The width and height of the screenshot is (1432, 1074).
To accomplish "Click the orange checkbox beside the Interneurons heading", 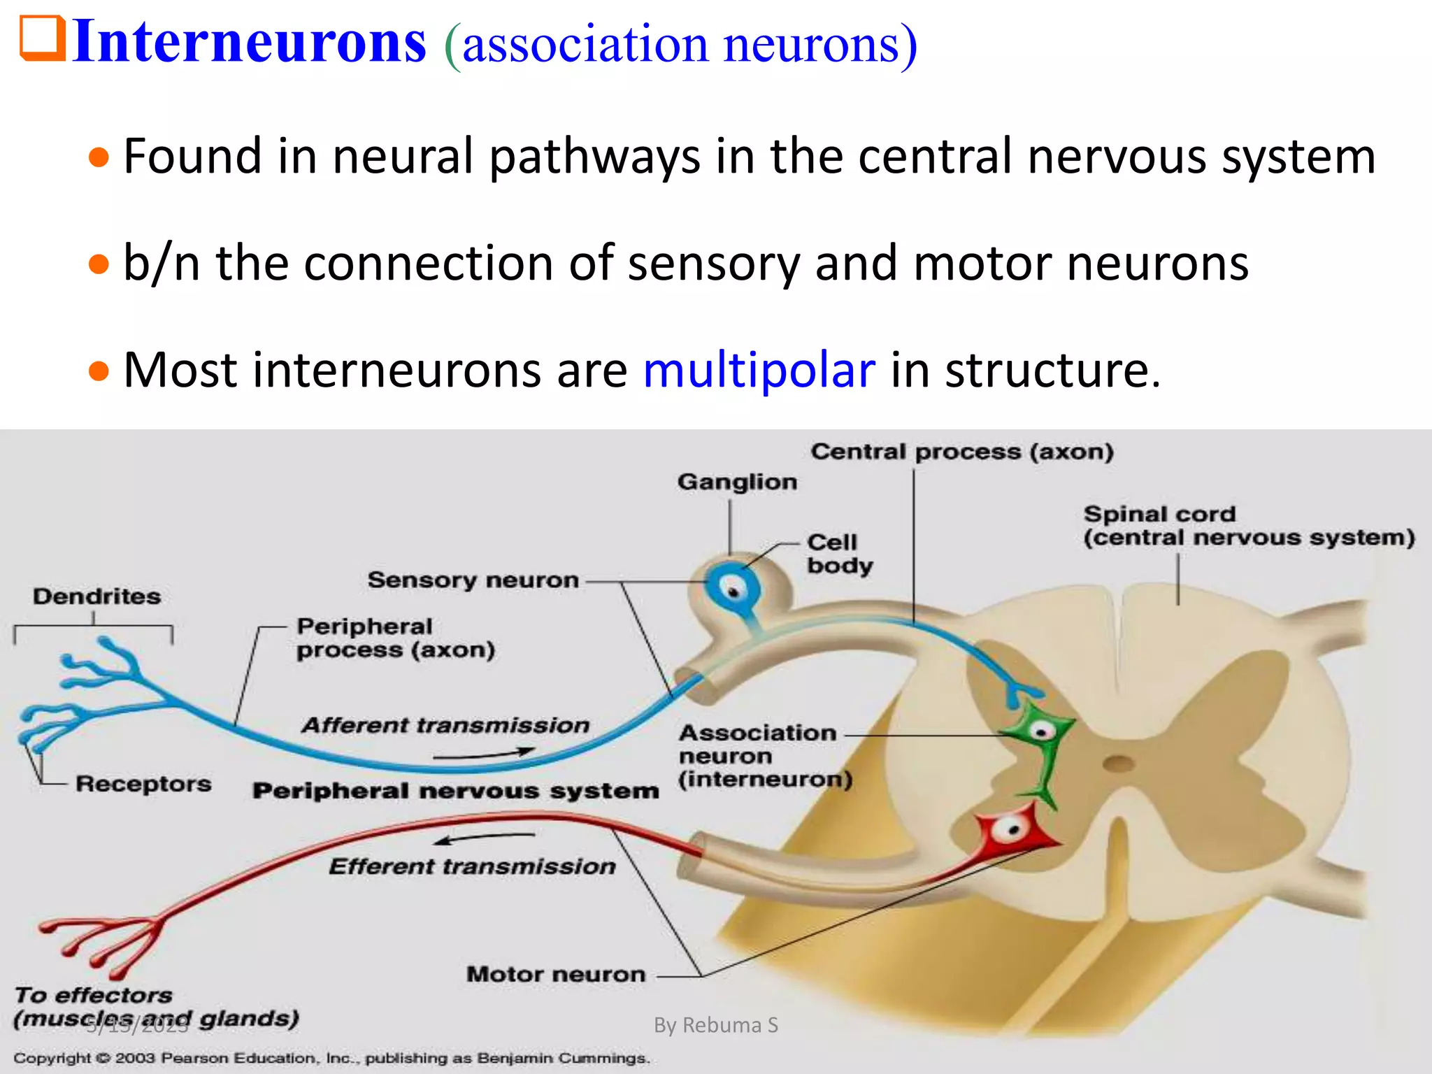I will click(42, 40).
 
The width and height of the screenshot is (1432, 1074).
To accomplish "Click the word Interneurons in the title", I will click(249, 42).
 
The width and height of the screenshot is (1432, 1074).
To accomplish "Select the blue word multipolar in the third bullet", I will click(759, 370).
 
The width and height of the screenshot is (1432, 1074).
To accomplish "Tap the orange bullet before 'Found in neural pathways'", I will click(99, 157).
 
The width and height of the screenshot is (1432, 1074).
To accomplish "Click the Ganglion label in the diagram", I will click(737, 482).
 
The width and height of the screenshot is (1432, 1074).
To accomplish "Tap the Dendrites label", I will click(96, 596).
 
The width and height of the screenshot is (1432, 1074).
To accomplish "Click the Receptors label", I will click(143, 784).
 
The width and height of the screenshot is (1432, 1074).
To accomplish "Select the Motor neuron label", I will click(556, 974).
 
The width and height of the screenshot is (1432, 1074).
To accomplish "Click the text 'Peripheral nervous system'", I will click(455, 791).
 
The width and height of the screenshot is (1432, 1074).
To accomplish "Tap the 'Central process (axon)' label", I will click(962, 452).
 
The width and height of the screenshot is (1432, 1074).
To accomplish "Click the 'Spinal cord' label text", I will click(1159, 514).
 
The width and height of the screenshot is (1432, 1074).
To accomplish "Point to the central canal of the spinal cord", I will click(1119, 762).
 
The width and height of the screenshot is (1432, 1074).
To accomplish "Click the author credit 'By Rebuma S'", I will click(715, 1025).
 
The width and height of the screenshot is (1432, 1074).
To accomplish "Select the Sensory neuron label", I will click(473, 580).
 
